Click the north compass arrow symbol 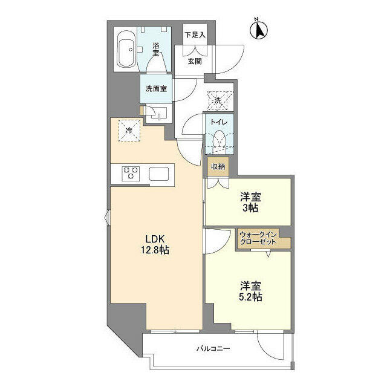tap(259, 30)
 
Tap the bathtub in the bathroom tap(126, 50)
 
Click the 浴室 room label tap(156, 49)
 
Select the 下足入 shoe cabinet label tap(195, 35)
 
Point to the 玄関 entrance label tap(195, 61)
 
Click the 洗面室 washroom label tap(156, 89)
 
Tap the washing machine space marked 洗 tap(218, 100)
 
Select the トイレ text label tap(218, 122)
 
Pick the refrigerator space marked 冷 tap(129, 131)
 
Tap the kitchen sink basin tap(158, 174)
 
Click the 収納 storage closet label tap(218, 167)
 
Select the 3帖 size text tap(250, 208)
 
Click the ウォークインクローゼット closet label tap(258, 238)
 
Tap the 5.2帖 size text tap(250, 297)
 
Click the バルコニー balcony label tap(213, 348)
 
